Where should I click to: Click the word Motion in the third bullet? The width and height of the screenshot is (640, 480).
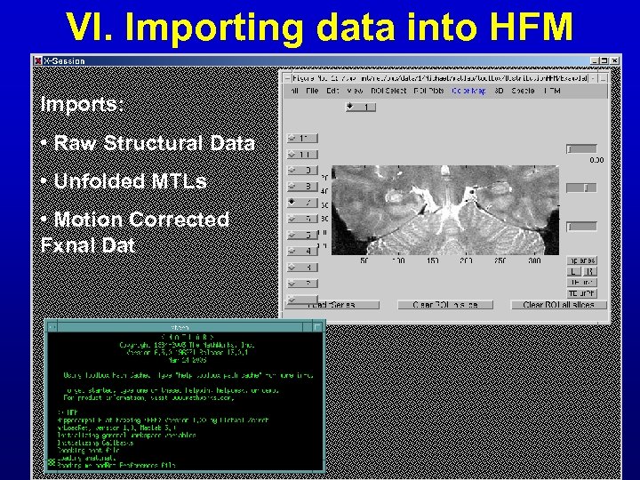tap(92, 220)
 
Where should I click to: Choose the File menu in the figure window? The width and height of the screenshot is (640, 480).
tap(312, 91)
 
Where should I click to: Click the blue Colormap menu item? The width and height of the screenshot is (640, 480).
tap(469, 91)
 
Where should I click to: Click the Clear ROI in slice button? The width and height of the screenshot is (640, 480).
tap(444, 305)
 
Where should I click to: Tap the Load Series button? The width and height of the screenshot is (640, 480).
tap(332, 305)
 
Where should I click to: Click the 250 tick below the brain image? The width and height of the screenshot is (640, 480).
tap(500, 260)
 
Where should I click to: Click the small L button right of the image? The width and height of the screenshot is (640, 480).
tap(574, 271)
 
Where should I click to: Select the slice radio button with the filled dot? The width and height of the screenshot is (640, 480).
tap(299, 203)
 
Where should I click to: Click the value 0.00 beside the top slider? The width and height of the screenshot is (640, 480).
tap(596, 161)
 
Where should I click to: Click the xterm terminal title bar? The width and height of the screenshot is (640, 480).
tap(185, 327)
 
